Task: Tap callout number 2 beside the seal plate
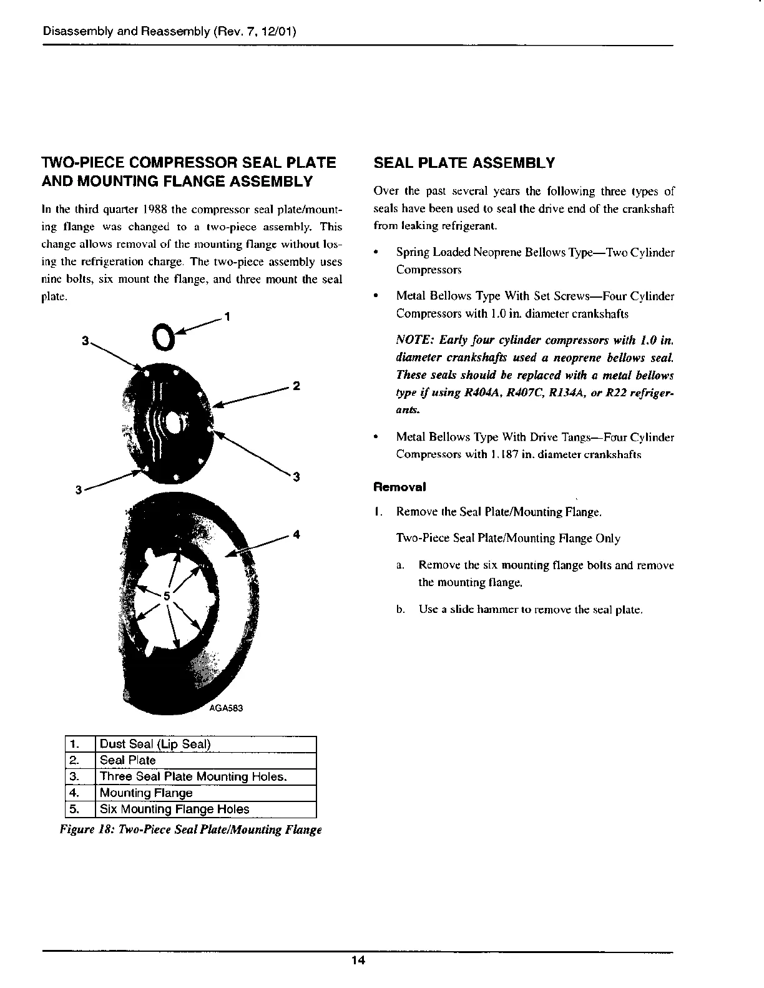(296, 386)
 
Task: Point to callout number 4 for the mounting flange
(296, 534)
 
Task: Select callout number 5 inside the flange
(167, 595)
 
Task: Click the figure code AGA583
(225, 708)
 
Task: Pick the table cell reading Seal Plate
(128, 760)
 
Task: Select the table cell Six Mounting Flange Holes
(174, 809)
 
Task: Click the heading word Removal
(391, 486)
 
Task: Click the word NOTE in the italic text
(414, 341)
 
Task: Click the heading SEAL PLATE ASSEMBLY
(464, 164)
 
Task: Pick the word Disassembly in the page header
(77, 31)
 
